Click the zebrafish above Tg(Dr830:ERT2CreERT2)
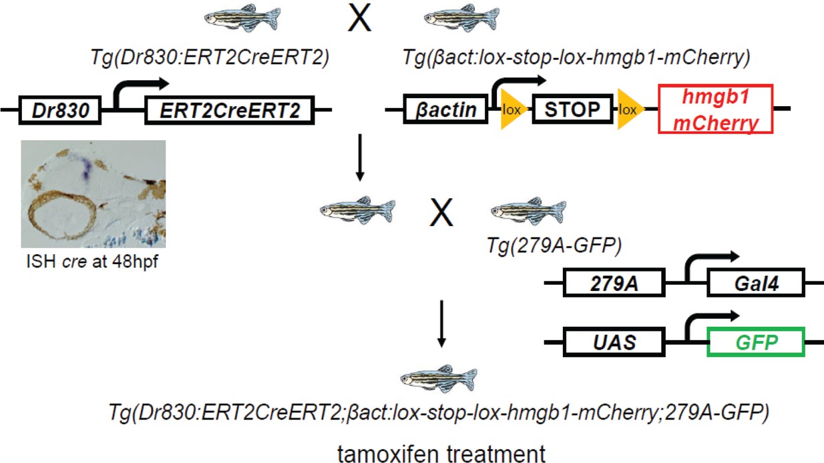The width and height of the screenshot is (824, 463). click(241, 19)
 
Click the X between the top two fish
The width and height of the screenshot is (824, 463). click(360, 20)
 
